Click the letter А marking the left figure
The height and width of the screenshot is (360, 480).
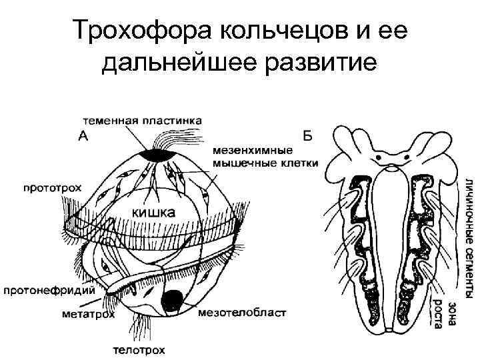coord(85,136)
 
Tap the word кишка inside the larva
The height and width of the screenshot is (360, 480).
coord(153,213)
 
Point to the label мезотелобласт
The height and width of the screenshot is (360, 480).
coord(242,311)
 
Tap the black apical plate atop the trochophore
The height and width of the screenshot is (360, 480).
coord(158,155)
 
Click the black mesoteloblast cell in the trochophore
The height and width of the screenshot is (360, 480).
coord(175,301)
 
